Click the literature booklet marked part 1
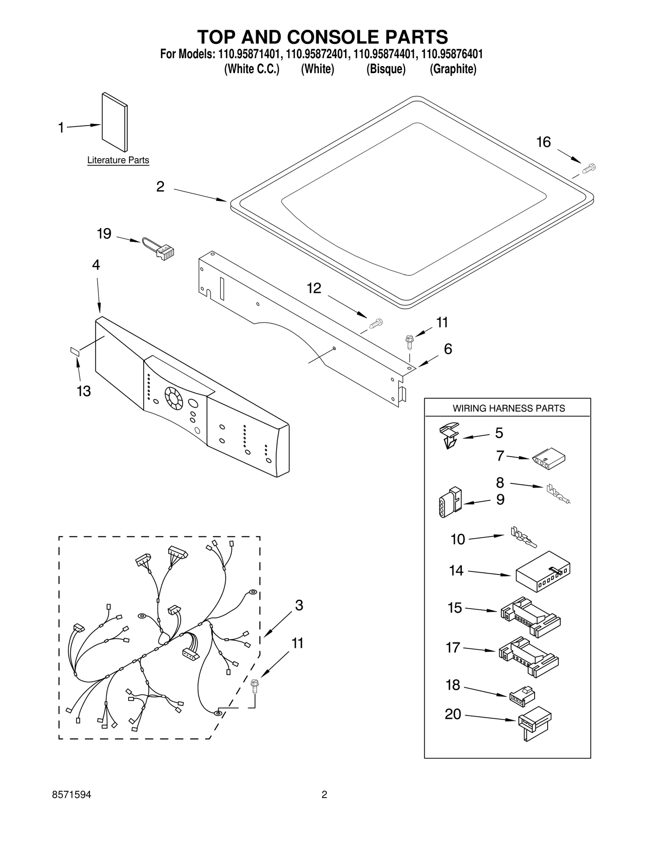[114, 122]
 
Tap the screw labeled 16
[588, 168]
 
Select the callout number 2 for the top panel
[160, 187]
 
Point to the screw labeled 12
[376, 324]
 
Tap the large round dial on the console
[174, 398]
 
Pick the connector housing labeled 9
[450, 502]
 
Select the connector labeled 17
[528, 657]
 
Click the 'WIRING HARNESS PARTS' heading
[509, 408]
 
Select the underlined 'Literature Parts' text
[118, 160]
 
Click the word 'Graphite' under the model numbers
[453, 69]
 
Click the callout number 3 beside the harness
[299, 606]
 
